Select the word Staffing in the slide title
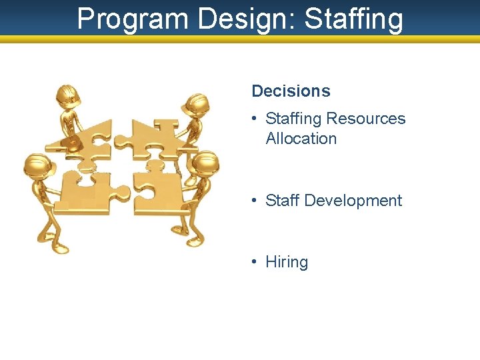pyautogui.click(x=353, y=19)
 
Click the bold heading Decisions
pyautogui.click(x=291, y=91)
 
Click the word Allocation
pyautogui.click(x=301, y=139)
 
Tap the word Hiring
pyautogui.click(x=287, y=262)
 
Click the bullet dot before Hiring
pyautogui.click(x=255, y=262)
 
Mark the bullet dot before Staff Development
pyautogui.click(x=255, y=201)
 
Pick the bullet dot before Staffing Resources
pyautogui.click(x=255, y=119)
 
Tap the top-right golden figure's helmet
pyautogui.click(x=198, y=103)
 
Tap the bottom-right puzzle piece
pyautogui.click(x=157, y=189)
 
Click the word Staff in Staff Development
pyautogui.click(x=282, y=201)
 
